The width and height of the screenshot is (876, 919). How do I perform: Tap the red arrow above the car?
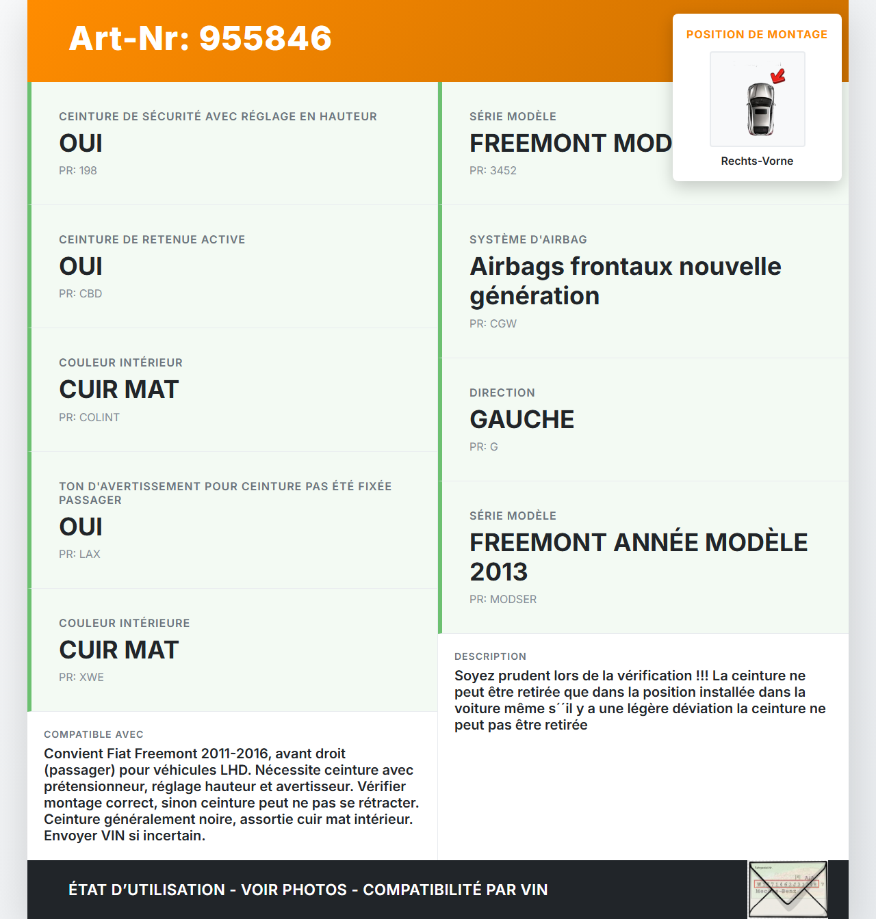coord(777,75)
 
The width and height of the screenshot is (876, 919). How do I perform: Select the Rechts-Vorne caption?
coord(757,161)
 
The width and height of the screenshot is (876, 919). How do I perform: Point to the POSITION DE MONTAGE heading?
coord(757,35)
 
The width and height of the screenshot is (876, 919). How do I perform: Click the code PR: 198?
coord(78,171)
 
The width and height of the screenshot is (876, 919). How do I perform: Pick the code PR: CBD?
coord(80,294)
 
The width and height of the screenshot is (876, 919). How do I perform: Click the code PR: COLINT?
coord(89,418)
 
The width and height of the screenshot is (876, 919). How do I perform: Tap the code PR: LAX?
coord(79,555)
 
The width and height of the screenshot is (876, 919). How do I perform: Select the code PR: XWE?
coord(81,678)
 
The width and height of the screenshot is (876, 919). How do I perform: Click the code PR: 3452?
coord(493,171)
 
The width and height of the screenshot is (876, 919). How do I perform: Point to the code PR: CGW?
coord(493,324)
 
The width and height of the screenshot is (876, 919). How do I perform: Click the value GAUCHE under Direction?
coord(521,420)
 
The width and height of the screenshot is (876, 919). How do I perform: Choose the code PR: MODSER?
coord(503,600)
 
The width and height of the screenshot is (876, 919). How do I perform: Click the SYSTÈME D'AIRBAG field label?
coord(528,240)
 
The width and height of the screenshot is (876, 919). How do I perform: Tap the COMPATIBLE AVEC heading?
coord(94,735)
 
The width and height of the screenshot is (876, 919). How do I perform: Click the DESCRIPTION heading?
coord(491,657)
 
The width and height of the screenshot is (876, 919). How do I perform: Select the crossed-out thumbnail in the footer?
coord(788,889)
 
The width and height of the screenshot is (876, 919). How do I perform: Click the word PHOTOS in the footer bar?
coord(315,890)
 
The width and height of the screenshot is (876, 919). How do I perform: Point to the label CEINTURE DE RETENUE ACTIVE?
coord(152,240)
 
